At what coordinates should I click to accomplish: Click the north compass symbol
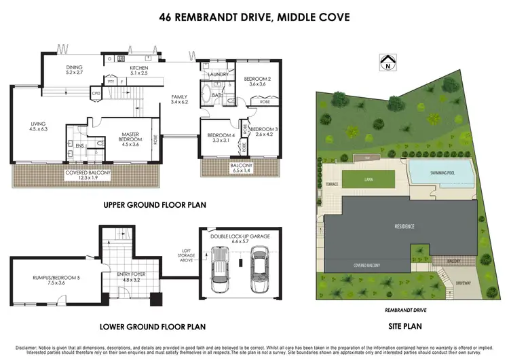pos(388,63)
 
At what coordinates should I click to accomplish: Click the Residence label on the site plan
pos(404,226)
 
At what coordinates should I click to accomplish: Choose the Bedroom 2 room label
pos(257,79)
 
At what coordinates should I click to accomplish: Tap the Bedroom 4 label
pos(221,136)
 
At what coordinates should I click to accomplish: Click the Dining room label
pos(74,67)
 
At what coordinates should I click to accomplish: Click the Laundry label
pos(218,74)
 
